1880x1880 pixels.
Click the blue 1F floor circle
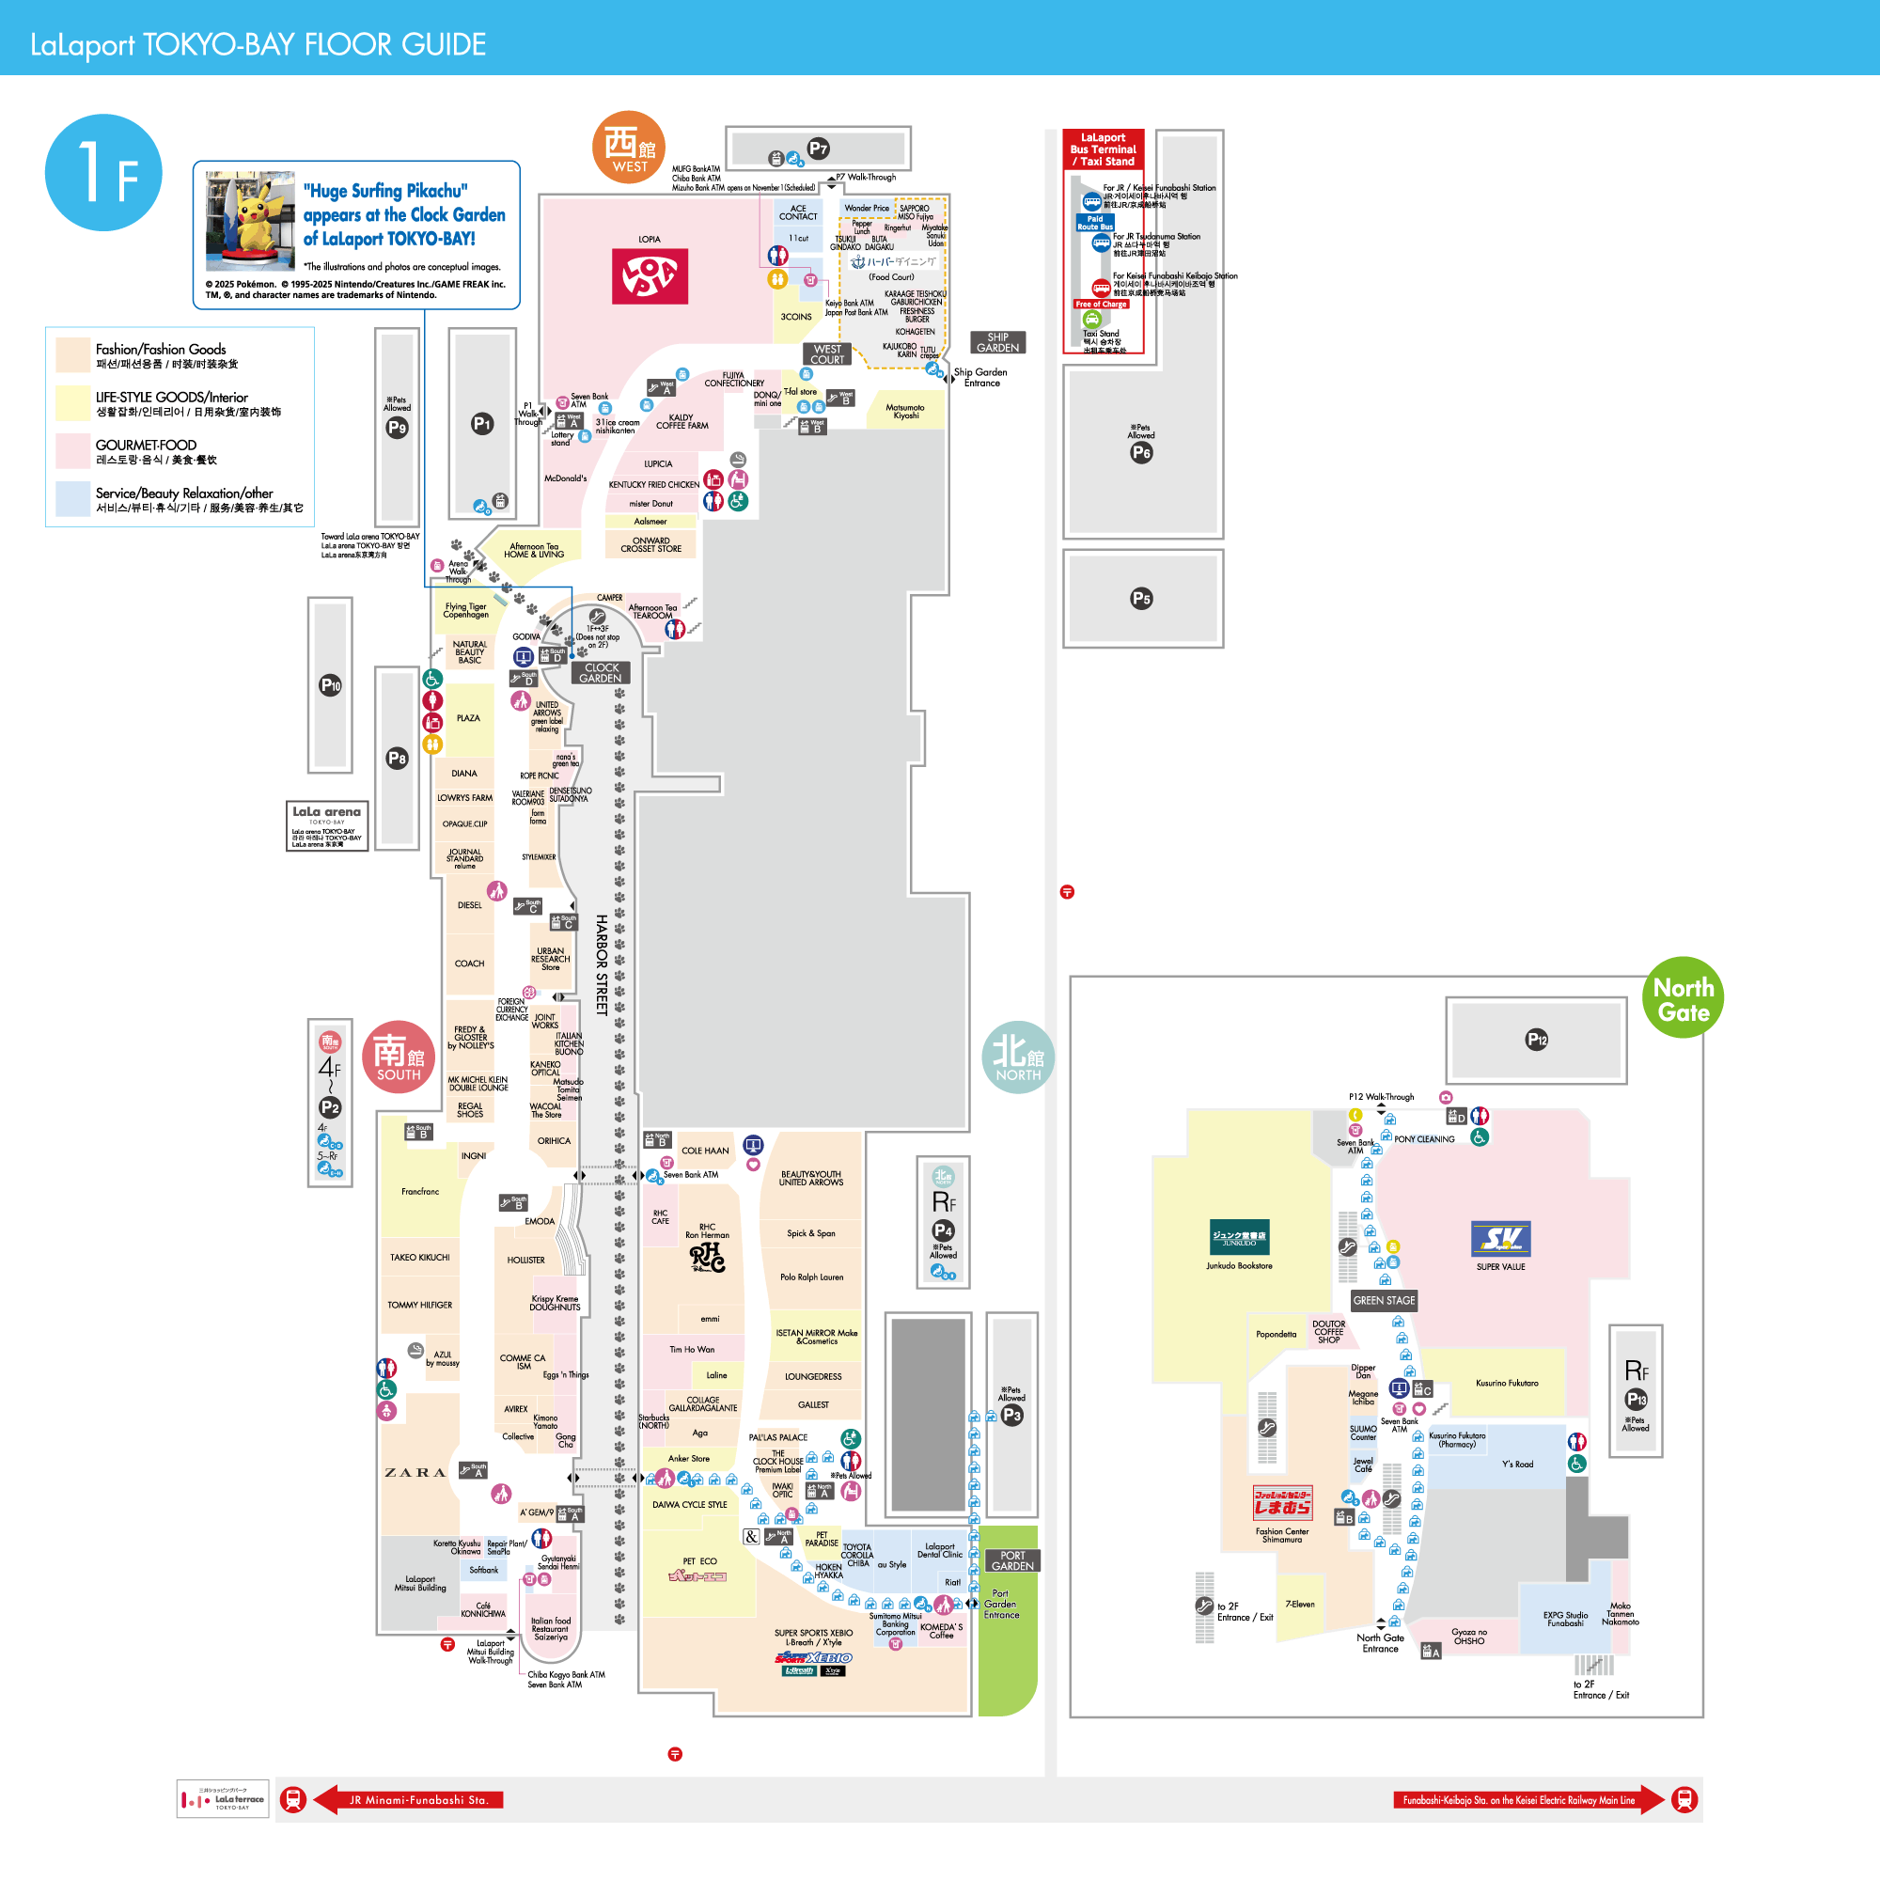103,172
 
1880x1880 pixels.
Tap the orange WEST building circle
629,147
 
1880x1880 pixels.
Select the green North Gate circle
1683,997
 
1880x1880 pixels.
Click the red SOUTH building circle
398,1057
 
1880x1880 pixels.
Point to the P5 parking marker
1141,599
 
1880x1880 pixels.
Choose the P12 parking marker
1537,1040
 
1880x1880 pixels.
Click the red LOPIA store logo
649,275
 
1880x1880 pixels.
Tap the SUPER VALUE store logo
1500,1239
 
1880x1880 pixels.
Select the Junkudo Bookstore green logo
1239,1237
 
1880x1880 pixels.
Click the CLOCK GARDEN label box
601,673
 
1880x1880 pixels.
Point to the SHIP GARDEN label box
997,342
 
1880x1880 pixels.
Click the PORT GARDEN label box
1012,1560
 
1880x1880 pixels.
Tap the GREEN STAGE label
1384,1300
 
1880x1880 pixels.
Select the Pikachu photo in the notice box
250,222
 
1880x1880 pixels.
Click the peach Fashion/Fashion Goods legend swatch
73,355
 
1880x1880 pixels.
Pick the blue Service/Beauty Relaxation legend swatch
73,499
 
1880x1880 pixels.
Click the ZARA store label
415,1472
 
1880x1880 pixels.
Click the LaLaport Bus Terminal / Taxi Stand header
1103,149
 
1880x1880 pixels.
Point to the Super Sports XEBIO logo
813,1657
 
